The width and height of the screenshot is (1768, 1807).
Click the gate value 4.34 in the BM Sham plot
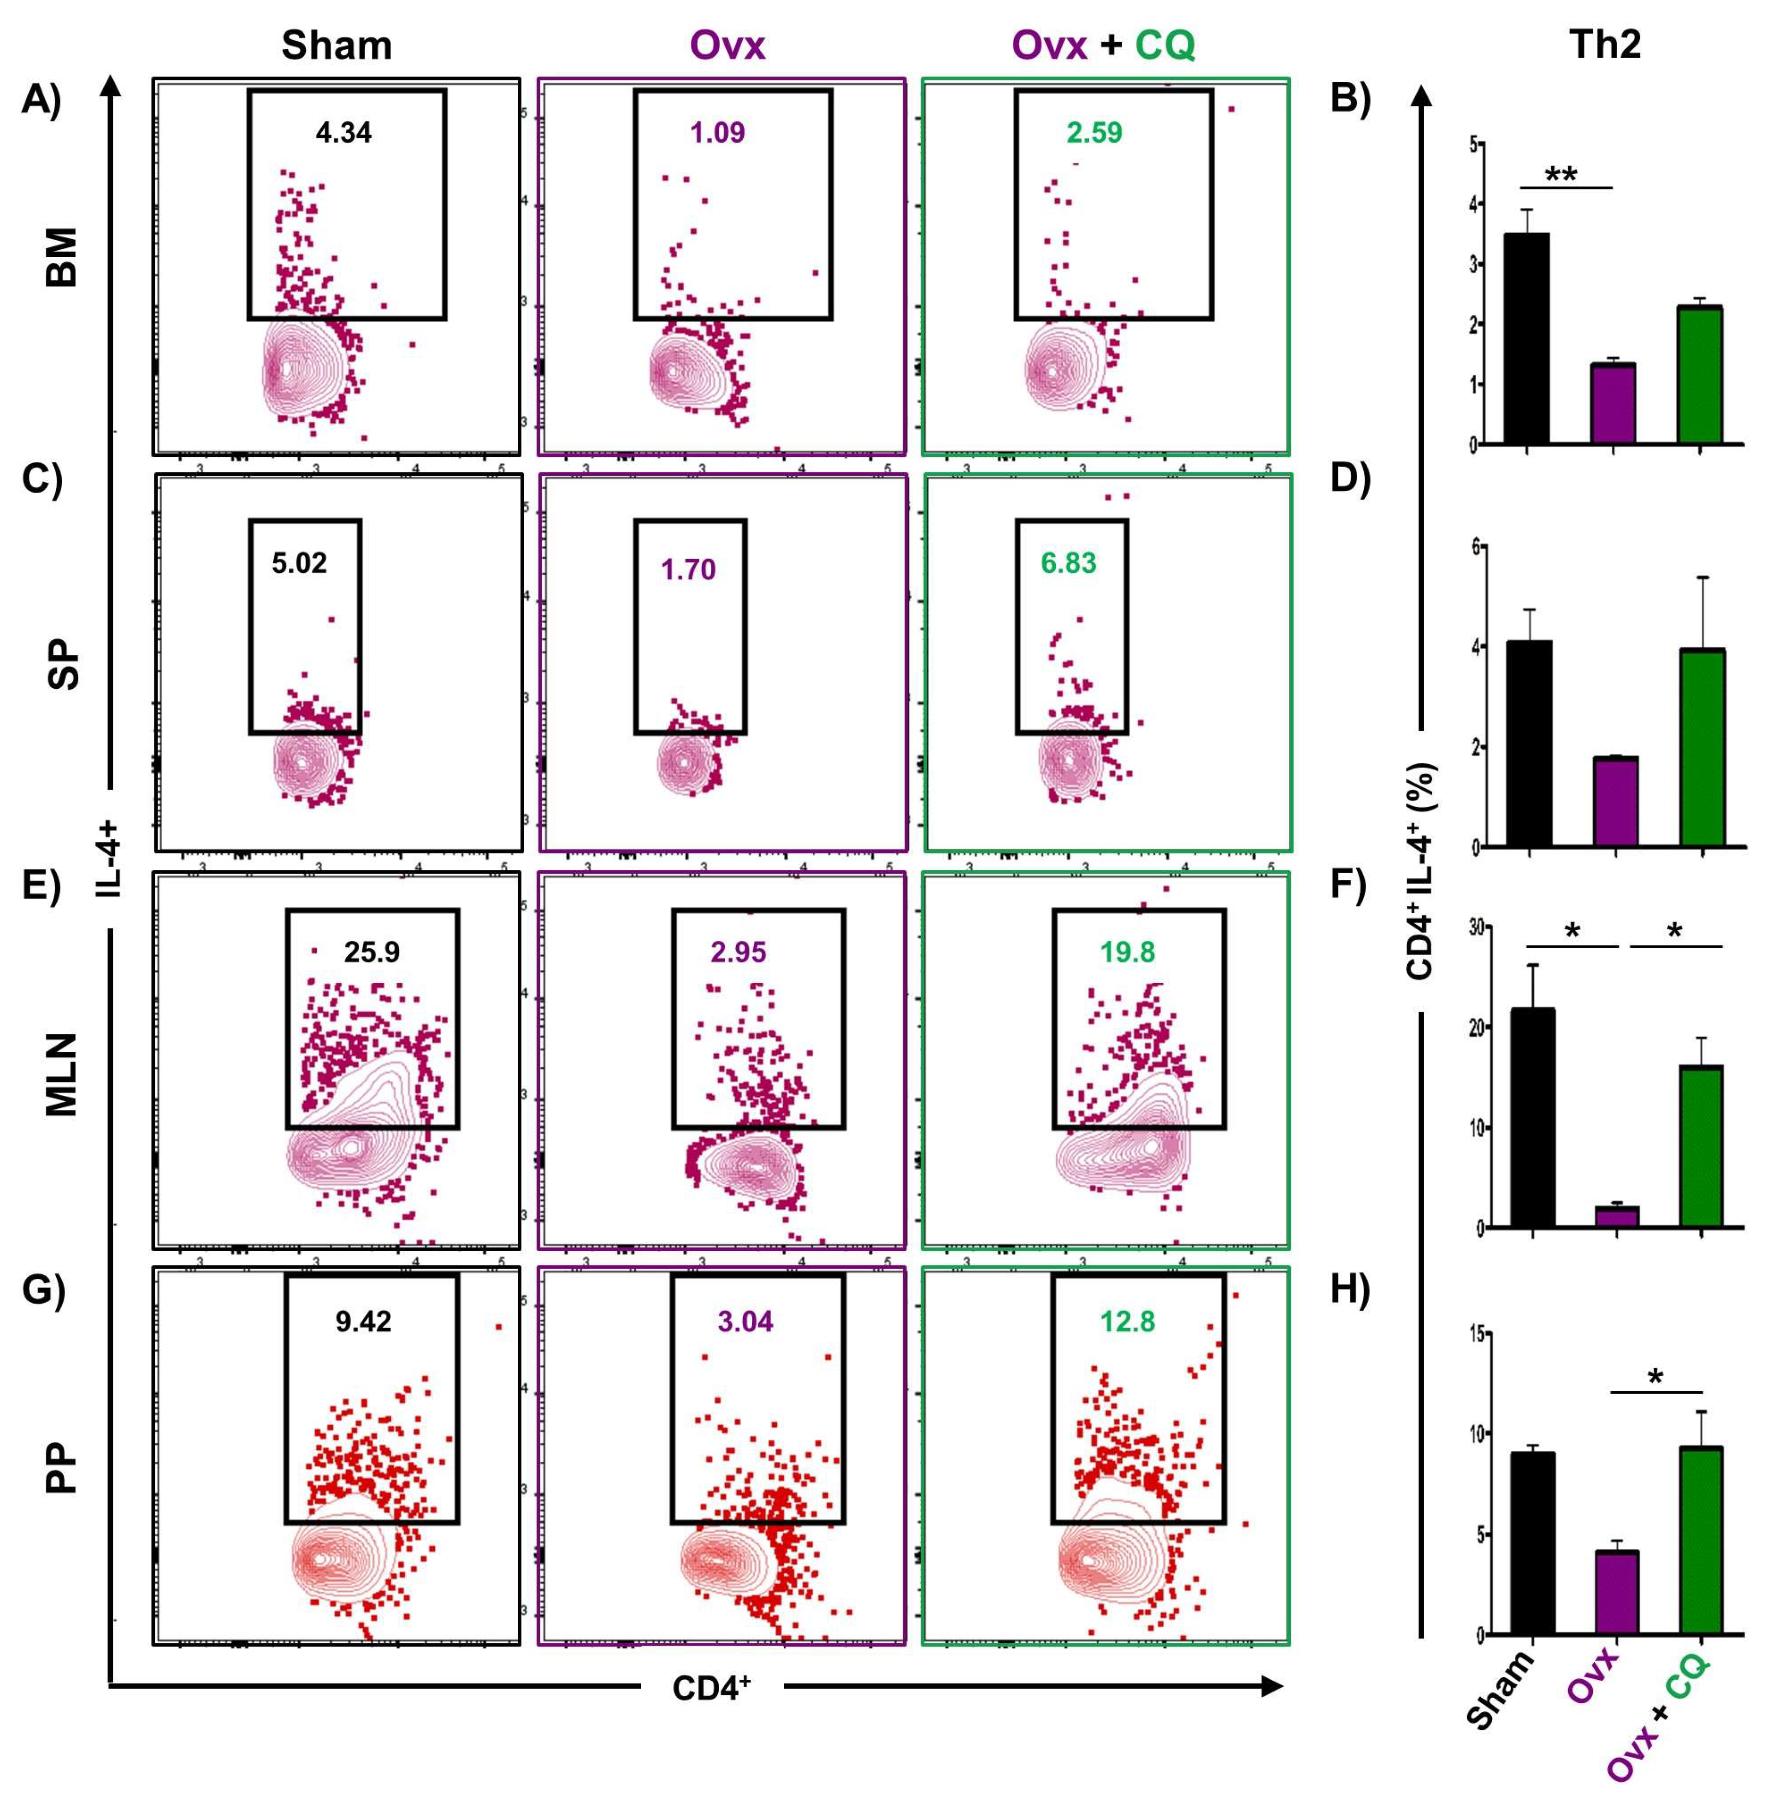click(343, 133)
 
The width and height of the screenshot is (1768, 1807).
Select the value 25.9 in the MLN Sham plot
click(372, 952)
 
